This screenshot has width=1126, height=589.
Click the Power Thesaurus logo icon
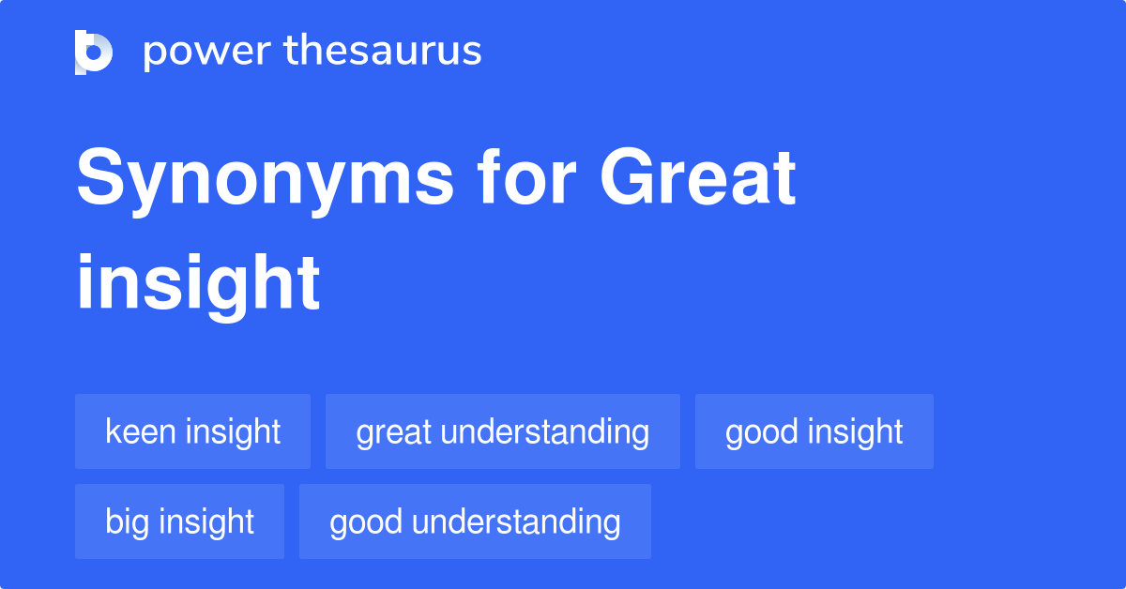pos(94,52)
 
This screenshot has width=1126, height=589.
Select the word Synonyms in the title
pos(266,180)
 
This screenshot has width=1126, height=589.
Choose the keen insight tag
pos(192,431)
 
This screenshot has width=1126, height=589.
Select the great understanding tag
pos(502,431)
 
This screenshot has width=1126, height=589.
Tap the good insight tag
pos(814,431)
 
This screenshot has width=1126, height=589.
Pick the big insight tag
pos(179,521)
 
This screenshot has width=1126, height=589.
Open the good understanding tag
pos(475,521)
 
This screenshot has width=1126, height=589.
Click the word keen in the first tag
pos(141,431)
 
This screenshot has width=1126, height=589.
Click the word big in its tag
pos(128,522)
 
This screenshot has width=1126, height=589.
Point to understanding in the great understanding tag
pos(544,431)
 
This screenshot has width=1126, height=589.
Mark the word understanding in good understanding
pos(516,521)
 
